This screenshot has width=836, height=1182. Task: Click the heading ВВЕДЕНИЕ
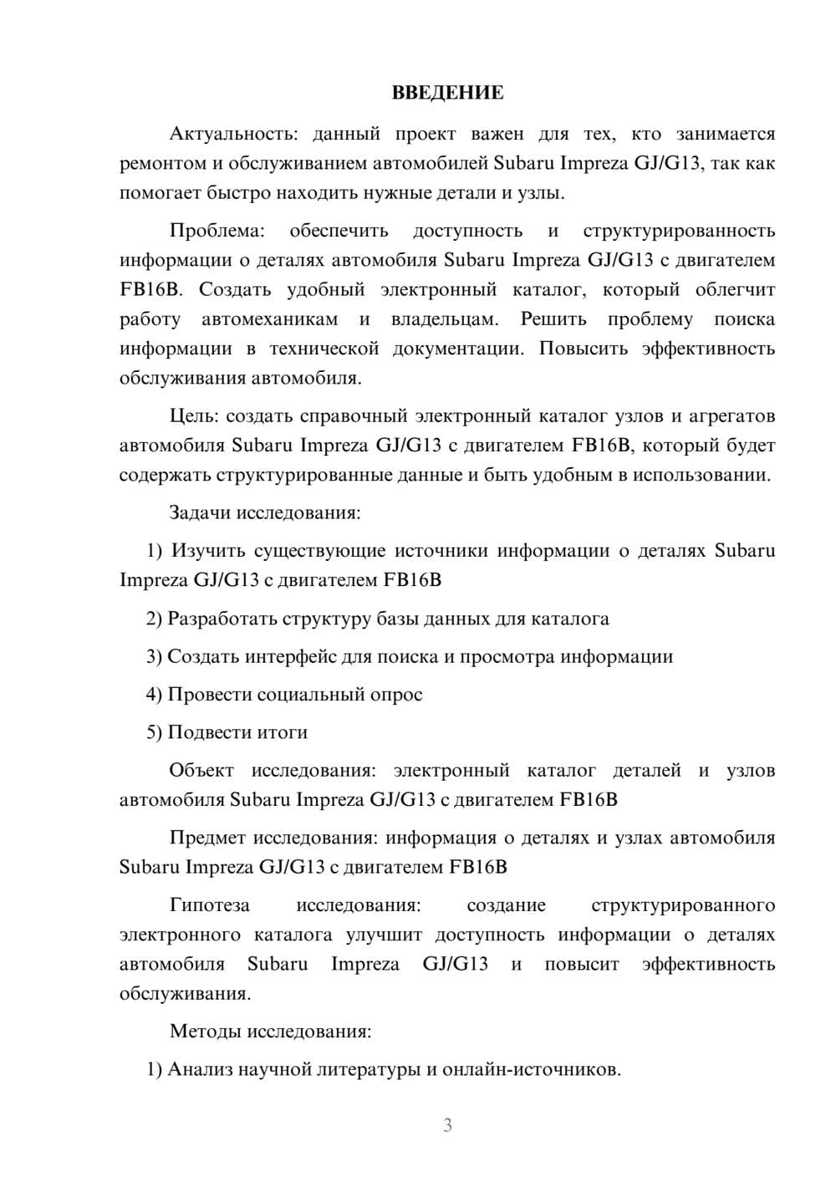tap(447, 93)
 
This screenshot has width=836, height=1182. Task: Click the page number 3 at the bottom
tap(447, 1125)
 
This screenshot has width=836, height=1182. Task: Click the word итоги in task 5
tap(283, 732)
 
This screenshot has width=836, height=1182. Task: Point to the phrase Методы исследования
tap(269, 1031)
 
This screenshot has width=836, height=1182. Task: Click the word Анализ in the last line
tap(200, 1069)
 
